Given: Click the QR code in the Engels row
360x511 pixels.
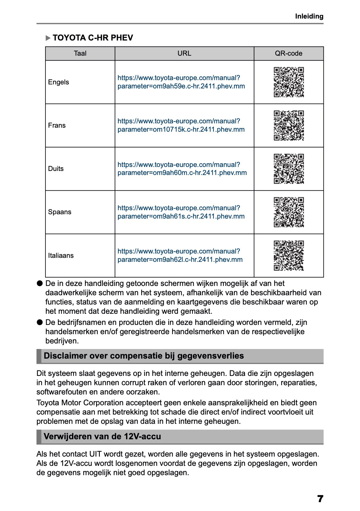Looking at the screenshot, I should (289, 82).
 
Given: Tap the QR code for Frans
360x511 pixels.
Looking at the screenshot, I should (289, 126).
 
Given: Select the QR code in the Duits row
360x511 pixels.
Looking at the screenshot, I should (289, 169).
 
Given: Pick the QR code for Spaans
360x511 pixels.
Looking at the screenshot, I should (289, 212).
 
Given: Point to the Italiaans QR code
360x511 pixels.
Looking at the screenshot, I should (289, 256).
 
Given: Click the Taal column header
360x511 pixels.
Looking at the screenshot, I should (80, 53).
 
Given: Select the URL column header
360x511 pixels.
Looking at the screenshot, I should (184, 53).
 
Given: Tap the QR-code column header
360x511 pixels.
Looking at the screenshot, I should (289, 53).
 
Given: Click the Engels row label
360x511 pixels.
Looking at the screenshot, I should (58, 82).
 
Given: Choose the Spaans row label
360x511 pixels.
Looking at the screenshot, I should (60, 212).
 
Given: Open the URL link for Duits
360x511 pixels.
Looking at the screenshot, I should (182, 169).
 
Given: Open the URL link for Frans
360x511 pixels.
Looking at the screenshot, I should (181, 126).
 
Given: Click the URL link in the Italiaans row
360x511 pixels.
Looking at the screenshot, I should (180, 256).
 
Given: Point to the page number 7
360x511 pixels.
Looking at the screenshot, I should (320, 499).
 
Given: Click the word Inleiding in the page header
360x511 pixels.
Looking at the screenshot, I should (309, 16).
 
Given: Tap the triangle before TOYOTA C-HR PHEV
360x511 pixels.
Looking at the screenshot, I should (48, 38).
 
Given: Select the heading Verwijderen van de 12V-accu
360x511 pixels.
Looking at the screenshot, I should (102, 436).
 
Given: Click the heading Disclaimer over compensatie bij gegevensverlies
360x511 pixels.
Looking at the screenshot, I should (144, 356).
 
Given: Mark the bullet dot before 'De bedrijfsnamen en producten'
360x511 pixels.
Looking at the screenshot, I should (40, 322).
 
